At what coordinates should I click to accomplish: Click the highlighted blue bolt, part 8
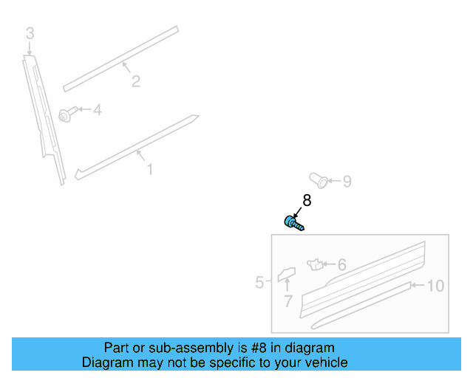(x=293, y=221)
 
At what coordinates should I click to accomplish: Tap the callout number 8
(x=307, y=200)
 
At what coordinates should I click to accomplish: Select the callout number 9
(x=347, y=181)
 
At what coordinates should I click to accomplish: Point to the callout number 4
(x=97, y=110)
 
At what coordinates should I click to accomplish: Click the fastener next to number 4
(x=66, y=114)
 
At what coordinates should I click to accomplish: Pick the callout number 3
(x=30, y=32)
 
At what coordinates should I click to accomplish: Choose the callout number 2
(x=135, y=81)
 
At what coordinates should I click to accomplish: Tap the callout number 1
(x=149, y=170)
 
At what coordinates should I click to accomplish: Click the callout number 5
(x=260, y=282)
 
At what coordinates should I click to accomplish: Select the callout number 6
(x=341, y=264)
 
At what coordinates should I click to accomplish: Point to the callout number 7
(x=288, y=300)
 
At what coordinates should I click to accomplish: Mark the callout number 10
(x=435, y=286)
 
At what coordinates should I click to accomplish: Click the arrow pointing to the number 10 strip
(x=417, y=285)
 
